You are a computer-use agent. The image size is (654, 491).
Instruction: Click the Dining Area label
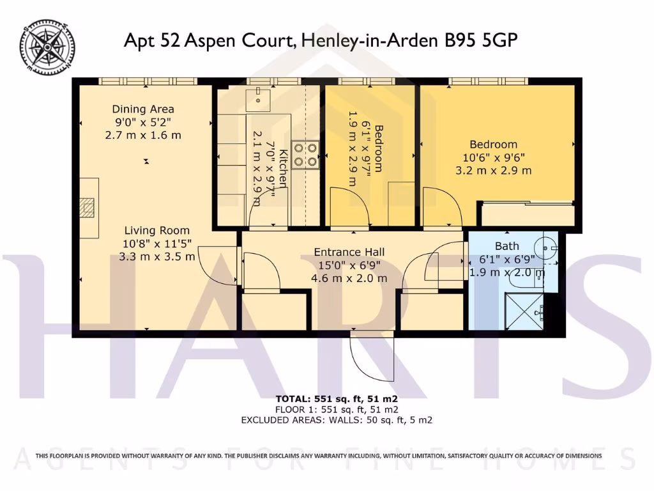143,109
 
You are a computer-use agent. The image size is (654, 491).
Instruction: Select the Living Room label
157,231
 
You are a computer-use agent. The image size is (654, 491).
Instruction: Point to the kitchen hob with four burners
306,154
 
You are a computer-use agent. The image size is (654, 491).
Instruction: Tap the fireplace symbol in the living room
87,208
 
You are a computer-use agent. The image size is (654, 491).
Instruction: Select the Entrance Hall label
349,252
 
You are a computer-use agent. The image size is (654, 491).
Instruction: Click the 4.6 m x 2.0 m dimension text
349,279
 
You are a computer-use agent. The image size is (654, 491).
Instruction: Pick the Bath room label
507,246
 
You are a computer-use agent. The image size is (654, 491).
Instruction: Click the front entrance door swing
372,355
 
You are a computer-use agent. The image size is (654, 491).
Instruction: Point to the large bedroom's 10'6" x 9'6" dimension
494,157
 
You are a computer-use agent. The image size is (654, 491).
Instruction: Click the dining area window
136,81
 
